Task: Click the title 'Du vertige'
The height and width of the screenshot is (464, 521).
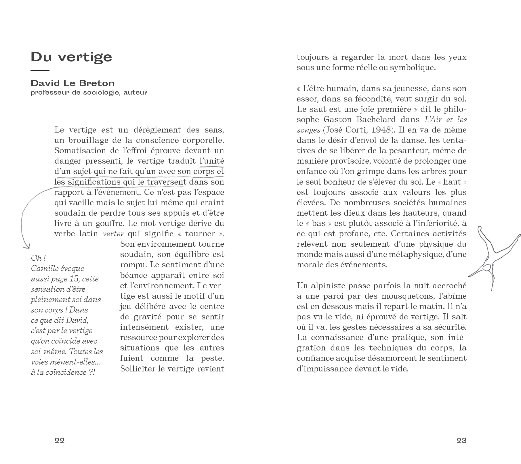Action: click(x=71, y=57)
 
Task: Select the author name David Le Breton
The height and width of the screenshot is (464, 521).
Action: click(x=72, y=83)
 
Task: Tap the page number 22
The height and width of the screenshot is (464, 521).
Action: click(x=60, y=440)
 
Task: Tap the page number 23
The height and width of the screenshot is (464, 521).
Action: click(x=461, y=440)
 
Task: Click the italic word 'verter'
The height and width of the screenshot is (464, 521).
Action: click(x=113, y=234)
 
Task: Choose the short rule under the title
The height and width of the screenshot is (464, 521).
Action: click(x=40, y=70)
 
